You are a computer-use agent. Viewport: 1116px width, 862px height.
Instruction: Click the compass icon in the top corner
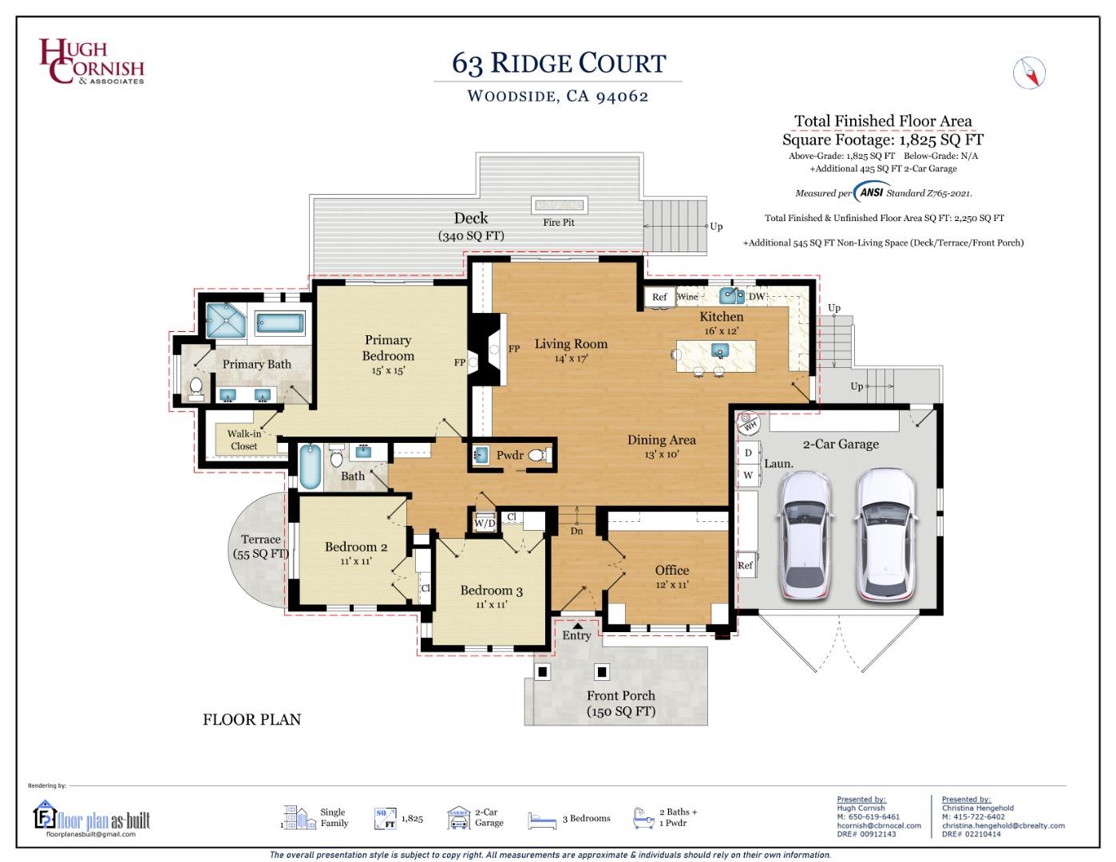pyautogui.click(x=1029, y=73)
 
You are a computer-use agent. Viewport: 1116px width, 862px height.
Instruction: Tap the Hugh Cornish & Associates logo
pyautogui.click(x=92, y=61)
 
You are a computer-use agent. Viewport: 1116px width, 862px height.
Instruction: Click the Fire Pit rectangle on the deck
pyautogui.click(x=560, y=205)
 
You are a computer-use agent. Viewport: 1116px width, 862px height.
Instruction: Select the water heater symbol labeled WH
pyautogui.click(x=748, y=422)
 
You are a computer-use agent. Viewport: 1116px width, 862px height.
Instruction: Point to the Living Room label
pyautogui.click(x=571, y=344)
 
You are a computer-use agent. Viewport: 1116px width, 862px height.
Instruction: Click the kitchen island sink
pyautogui.click(x=720, y=350)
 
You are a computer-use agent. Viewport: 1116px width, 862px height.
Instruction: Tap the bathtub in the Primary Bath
pyautogui.click(x=279, y=323)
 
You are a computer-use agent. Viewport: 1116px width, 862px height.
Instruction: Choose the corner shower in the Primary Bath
pyautogui.click(x=226, y=320)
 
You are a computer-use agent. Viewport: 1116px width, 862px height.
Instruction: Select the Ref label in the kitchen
pyautogui.click(x=659, y=297)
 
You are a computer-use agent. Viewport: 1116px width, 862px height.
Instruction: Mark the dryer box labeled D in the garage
pyautogui.click(x=748, y=453)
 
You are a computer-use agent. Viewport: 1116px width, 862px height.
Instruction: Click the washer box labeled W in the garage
pyautogui.click(x=748, y=475)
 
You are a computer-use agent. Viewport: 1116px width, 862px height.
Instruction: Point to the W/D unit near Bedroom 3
pyautogui.click(x=485, y=522)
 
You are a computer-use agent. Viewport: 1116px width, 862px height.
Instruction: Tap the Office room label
pyautogui.click(x=672, y=570)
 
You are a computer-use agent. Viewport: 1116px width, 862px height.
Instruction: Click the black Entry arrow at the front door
pyautogui.click(x=578, y=626)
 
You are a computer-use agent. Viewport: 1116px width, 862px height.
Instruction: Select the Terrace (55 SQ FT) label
pyautogui.click(x=261, y=547)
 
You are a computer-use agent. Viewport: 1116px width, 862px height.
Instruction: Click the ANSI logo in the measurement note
pyautogui.click(x=872, y=192)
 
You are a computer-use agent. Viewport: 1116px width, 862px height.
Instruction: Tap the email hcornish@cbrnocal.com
pyautogui.click(x=879, y=825)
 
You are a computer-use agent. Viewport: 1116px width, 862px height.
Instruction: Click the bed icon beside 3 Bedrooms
pyautogui.click(x=542, y=820)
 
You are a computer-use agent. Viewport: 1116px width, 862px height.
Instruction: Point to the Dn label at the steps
pyautogui.click(x=576, y=531)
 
